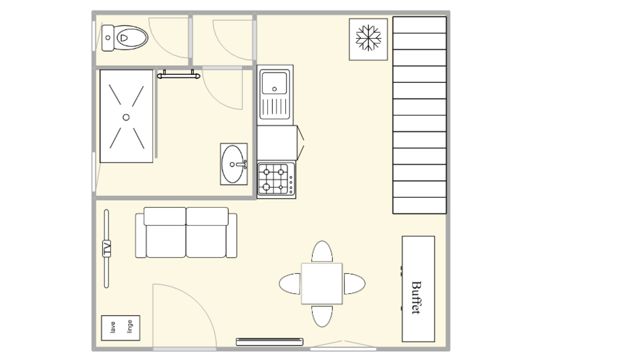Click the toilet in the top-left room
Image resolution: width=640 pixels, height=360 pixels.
click(x=125, y=38)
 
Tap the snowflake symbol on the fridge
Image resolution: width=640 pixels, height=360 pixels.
click(x=368, y=38)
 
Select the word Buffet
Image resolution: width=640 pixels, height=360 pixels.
click(x=416, y=298)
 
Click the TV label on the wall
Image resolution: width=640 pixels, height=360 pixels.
click(x=106, y=248)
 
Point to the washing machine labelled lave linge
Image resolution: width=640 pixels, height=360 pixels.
click(x=120, y=328)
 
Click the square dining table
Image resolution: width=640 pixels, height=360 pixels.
click(x=322, y=284)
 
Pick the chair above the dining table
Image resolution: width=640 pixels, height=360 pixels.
click(x=322, y=252)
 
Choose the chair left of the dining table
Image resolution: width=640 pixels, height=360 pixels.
click(x=290, y=284)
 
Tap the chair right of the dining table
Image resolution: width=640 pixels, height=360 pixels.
click(x=354, y=284)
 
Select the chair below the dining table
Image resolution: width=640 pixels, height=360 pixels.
click(x=322, y=316)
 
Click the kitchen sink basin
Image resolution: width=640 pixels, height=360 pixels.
click(x=274, y=83)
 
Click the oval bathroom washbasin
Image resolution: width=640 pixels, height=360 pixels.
click(x=232, y=164)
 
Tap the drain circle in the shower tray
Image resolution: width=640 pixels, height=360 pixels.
click(x=126, y=117)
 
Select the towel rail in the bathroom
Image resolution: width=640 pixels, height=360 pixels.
click(x=178, y=75)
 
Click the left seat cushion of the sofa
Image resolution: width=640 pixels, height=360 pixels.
click(x=166, y=241)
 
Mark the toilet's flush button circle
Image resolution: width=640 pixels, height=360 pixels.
click(x=108, y=38)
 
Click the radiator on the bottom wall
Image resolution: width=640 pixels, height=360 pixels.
click(x=270, y=342)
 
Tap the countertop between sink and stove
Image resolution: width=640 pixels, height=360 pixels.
click(x=277, y=143)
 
